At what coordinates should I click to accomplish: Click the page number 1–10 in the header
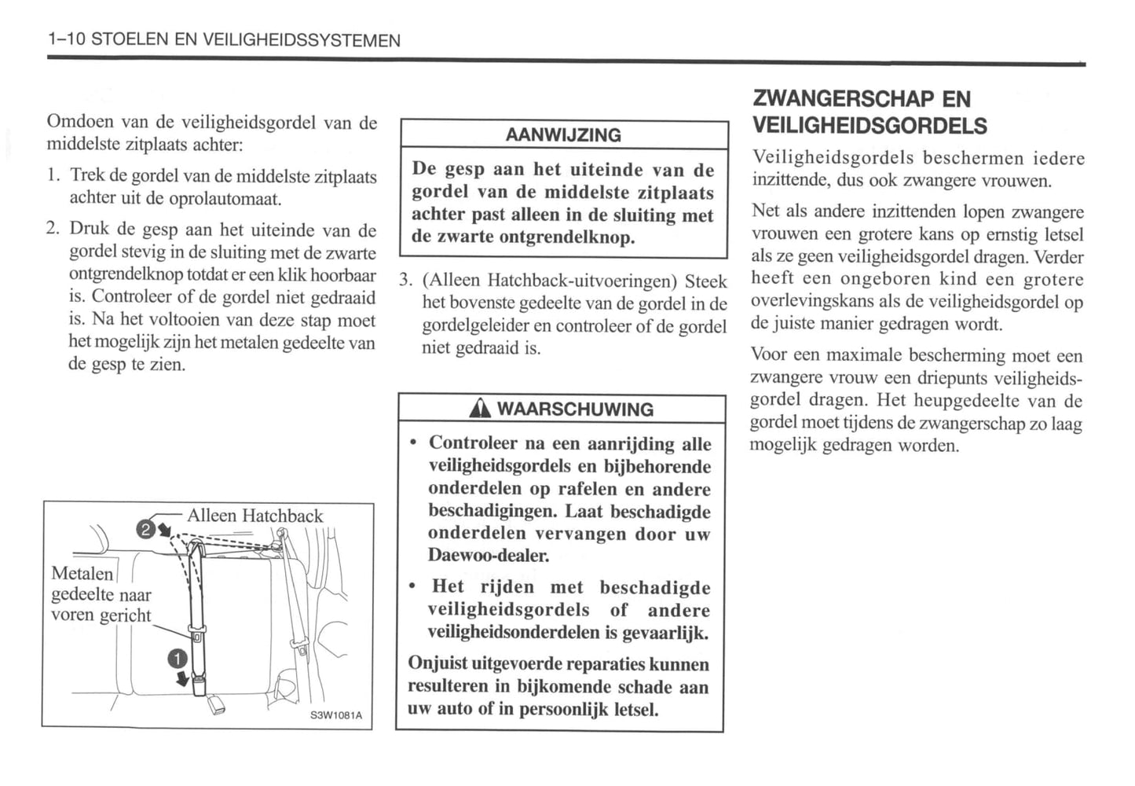[x=66, y=40]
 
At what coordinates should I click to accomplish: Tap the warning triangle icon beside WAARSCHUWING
[x=479, y=409]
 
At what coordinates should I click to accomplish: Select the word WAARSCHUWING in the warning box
[x=575, y=409]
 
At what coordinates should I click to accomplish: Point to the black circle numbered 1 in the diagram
[x=178, y=659]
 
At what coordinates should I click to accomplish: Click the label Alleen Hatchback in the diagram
[x=254, y=516]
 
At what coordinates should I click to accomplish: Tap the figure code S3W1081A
[x=335, y=715]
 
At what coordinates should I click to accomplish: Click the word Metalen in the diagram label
[x=82, y=574]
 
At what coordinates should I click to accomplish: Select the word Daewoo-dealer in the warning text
[x=488, y=555]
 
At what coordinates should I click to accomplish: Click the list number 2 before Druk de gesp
[x=52, y=230]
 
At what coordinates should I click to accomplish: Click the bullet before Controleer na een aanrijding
[x=414, y=443]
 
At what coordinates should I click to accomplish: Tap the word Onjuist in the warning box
[x=437, y=663]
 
